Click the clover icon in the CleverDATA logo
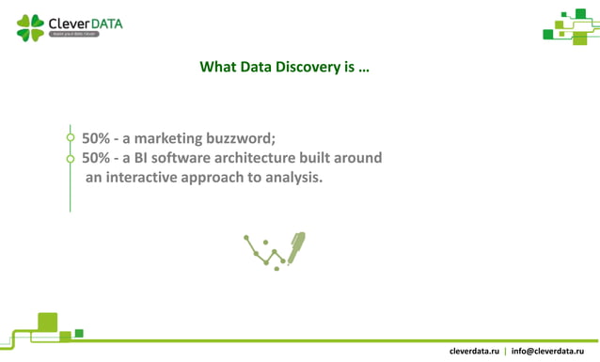click(30, 27)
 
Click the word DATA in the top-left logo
click(103, 23)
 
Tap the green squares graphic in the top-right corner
click(571, 24)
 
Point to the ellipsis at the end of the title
click(363, 70)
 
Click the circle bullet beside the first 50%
click(70, 138)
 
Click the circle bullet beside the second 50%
click(70, 158)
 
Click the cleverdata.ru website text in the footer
click(474, 351)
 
